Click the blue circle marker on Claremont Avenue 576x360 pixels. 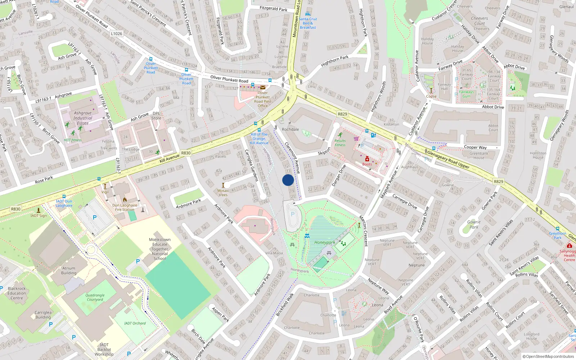(288, 180)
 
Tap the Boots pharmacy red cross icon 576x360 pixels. (367, 159)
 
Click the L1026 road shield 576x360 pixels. (116, 33)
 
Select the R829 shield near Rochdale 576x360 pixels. (342, 114)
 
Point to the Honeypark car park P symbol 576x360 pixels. (293, 214)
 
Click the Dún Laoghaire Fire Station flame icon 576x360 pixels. (125, 199)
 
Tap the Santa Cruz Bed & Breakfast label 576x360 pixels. (308, 23)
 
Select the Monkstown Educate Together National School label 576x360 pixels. (160, 249)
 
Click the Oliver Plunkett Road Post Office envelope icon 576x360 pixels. (263, 87)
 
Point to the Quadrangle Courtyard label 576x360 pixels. (95, 297)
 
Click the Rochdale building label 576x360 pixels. (290, 129)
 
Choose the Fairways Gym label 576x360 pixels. (466, 94)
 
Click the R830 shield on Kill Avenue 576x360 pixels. (186, 153)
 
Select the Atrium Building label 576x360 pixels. (69, 270)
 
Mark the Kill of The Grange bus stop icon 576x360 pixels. (259, 130)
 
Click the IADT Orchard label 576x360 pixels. (135, 323)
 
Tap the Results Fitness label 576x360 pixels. (340, 143)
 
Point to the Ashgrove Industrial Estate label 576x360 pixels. (83, 118)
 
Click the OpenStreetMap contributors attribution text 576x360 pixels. (548, 356)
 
